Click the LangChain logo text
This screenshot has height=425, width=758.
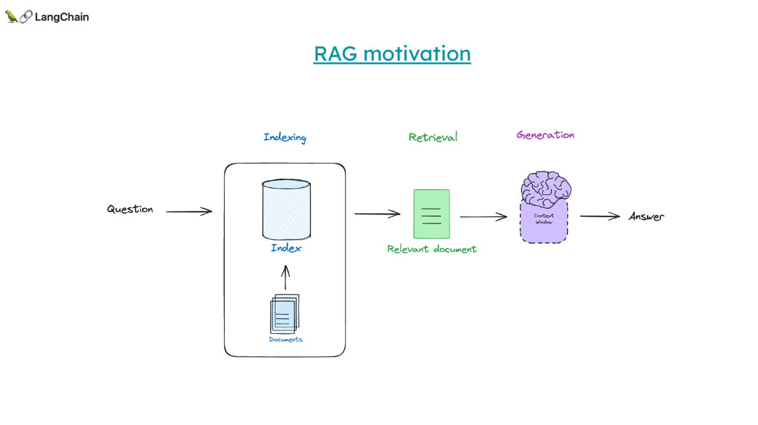pos(61,17)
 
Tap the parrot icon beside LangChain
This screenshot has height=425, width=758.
pos(12,17)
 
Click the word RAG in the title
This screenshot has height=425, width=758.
pos(336,53)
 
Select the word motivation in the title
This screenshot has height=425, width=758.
pos(417,53)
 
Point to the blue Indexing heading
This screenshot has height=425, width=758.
pos(285,138)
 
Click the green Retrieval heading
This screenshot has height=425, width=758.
pos(433,137)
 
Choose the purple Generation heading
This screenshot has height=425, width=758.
pos(545,135)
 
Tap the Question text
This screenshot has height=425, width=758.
pos(130,209)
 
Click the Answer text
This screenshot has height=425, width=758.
pos(646,216)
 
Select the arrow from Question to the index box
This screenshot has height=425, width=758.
pos(189,211)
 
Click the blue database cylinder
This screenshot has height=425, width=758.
pos(286,210)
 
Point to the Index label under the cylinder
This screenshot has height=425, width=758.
pos(286,248)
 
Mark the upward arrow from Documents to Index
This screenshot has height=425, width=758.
pos(286,278)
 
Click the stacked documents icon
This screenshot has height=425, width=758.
pos(285,314)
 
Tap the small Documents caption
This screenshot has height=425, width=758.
pos(285,339)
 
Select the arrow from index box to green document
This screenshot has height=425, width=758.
pos(377,214)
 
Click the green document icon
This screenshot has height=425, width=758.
pos(431,214)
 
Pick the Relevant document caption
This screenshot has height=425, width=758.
pos(432,249)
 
